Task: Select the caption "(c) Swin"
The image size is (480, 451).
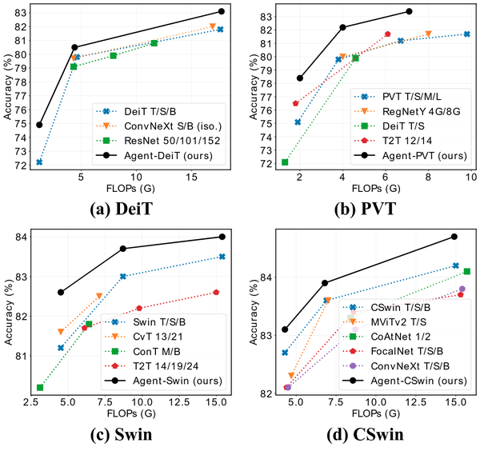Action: [x=130, y=437]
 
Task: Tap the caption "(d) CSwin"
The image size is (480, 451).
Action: [x=369, y=437]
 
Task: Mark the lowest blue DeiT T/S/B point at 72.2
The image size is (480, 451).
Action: [x=39, y=162]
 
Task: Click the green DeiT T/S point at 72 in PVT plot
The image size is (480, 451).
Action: [x=285, y=162]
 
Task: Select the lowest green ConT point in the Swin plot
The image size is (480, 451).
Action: [x=40, y=387]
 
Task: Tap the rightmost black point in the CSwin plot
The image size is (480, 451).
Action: [x=454, y=236]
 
